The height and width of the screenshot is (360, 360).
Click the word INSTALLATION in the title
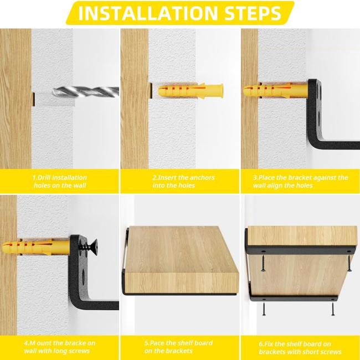point(148,13)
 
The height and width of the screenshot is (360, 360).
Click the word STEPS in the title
point(253,13)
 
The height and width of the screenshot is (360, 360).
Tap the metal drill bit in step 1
point(86,92)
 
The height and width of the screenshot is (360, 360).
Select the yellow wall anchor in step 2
point(191,91)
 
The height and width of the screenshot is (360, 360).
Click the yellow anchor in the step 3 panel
point(275,90)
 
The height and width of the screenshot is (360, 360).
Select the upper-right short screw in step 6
point(349,263)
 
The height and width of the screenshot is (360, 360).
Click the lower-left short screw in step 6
point(264,309)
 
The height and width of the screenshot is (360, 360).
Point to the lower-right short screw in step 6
point(333,309)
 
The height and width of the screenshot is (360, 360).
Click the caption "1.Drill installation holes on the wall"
point(60,181)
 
